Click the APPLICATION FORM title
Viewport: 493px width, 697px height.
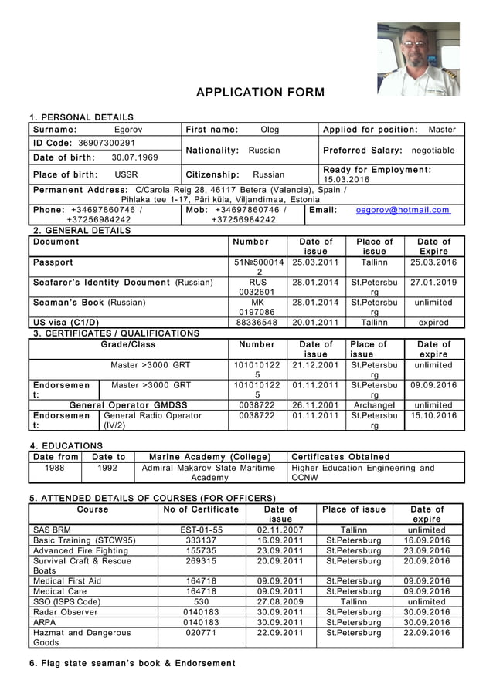[x=260, y=93]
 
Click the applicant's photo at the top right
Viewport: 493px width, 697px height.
[x=417, y=59]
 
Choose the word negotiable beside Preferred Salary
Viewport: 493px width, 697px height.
[x=433, y=151]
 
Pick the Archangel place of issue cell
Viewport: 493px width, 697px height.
[x=374, y=404]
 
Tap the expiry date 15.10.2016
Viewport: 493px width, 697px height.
[x=433, y=415]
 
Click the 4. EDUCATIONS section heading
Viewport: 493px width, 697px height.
[x=66, y=445]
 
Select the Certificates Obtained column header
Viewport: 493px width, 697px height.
[x=340, y=457]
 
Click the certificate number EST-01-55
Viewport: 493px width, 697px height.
[x=201, y=530]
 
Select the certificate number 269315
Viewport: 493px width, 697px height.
[x=201, y=561]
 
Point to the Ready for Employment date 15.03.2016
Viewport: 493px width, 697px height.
[x=346, y=179]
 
